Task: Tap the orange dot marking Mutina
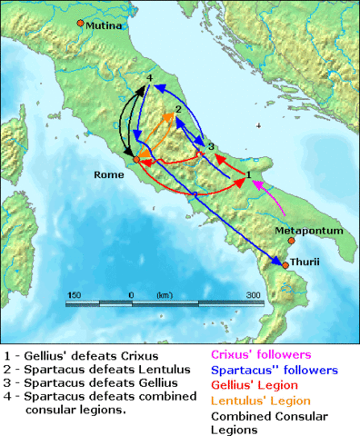(80, 23)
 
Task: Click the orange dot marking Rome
(136, 160)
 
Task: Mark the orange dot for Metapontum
(291, 242)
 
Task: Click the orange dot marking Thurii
(285, 265)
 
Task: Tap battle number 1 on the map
(248, 173)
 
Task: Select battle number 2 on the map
(178, 110)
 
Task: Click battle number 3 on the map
(210, 146)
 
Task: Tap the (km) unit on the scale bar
(165, 295)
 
